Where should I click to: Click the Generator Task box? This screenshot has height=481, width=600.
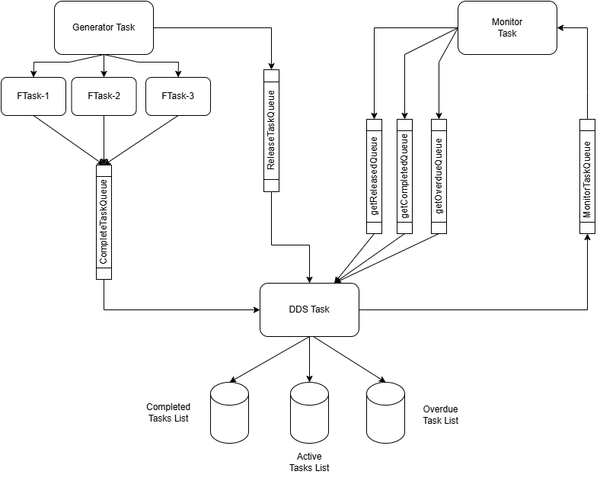tap(104, 27)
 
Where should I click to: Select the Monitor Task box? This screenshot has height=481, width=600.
tap(507, 27)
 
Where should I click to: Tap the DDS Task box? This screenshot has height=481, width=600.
tap(309, 309)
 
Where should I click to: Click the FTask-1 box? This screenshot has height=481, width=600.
tap(34, 96)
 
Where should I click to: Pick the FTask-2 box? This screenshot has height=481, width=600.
tap(104, 96)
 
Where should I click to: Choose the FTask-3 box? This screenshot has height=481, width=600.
tap(178, 96)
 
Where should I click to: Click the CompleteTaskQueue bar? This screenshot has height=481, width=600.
tap(104, 222)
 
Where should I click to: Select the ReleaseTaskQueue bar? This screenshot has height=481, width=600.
tap(271, 130)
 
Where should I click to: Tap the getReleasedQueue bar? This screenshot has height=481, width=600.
tap(374, 176)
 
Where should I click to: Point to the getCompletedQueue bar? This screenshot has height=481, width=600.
tap(404, 176)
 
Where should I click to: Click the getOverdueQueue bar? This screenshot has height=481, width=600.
tap(439, 176)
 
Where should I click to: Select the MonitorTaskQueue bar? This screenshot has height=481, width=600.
tap(587, 176)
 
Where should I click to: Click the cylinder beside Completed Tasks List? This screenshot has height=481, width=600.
tap(230, 413)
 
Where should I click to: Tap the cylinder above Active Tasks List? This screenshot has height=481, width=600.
tap(309, 413)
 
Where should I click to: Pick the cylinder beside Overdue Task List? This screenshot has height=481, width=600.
tap(385, 413)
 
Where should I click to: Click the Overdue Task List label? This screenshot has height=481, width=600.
tap(440, 415)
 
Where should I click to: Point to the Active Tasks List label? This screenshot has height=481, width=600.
tap(309, 462)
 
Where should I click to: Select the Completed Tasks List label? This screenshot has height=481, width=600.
tap(168, 412)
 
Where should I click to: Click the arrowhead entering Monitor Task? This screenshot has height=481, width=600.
tap(560, 27)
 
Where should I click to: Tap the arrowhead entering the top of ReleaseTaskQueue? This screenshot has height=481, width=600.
tap(271, 66)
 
